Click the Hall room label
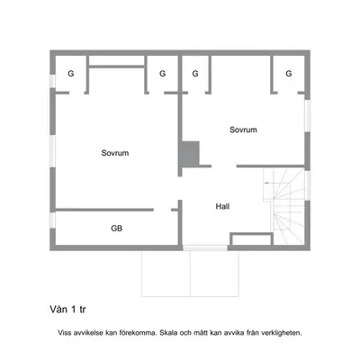222,206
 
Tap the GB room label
117,229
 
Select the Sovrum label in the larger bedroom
115,153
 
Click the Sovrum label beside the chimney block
243,130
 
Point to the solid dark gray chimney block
191,153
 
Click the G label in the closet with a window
71,74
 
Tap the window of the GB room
52,220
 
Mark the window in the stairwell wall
308,185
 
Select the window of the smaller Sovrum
308,116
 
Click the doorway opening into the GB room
162,210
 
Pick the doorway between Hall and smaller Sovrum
224,166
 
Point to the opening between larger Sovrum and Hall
180,188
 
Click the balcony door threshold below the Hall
205,247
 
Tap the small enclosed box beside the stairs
251,239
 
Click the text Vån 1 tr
67,310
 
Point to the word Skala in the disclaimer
168,333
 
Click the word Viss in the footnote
65,333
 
